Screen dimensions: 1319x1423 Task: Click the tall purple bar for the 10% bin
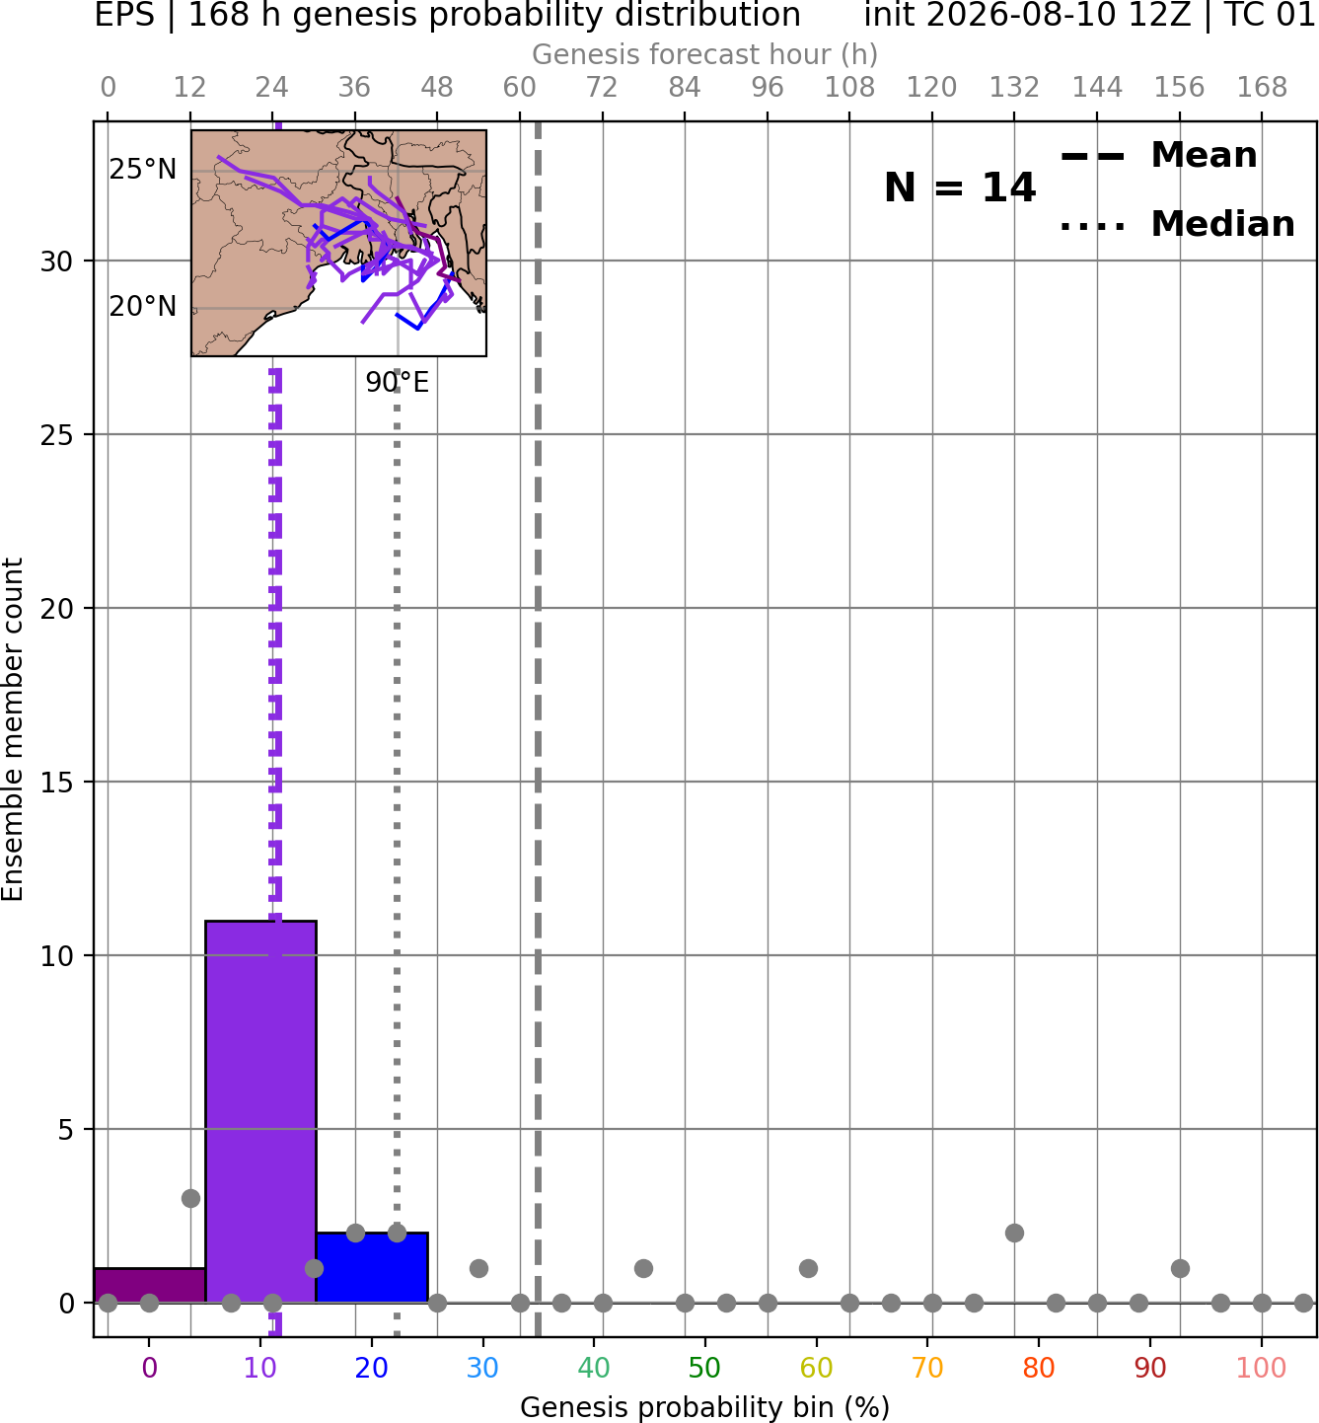(x=260, y=1111)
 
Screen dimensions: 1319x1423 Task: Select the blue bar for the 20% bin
(x=372, y=1267)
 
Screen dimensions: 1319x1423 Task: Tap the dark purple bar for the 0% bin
(x=150, y=1286)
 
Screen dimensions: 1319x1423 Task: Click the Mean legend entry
(x=1158, y=156)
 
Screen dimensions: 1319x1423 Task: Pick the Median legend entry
(x=1177, y=224)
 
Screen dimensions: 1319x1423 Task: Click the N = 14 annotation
(x=960, y=187)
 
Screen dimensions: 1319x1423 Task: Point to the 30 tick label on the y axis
(x=57, y=262)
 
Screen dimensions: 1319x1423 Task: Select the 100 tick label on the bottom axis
(x=1261, y=1367)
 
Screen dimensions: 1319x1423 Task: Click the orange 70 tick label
(x=927, y=1367)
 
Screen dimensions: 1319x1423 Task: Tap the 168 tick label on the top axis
(x=1262, y=88)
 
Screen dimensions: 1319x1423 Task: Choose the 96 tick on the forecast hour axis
(x=768, y=88)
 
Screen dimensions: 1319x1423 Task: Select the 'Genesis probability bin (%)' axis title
(x=705, y=1406)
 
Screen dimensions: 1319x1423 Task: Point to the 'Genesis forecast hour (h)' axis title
(x=705, y=54)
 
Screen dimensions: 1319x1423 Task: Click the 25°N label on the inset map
(x=143, y=170)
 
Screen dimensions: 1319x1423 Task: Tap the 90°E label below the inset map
(x=397, y=383)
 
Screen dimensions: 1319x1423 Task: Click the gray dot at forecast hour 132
(x=1014, y=1234)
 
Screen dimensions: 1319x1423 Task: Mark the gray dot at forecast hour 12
(x=190, y=1198)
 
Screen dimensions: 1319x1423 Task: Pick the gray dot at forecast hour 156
(x=1180, y=1268)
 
